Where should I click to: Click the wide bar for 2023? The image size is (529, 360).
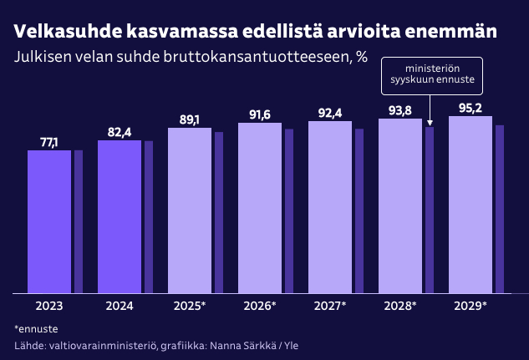pos(49,221)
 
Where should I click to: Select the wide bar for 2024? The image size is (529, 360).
pos(120,216)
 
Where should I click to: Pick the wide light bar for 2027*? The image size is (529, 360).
pos(330,207)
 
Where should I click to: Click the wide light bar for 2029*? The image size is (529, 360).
pos(471,205)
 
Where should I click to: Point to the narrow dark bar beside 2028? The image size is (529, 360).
pos(430,210)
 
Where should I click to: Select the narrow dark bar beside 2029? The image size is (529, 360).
pos(500,209)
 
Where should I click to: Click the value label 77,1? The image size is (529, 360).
pos(49,143)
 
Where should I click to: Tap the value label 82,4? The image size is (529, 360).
pos(120,132)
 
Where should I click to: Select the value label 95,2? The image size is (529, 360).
pos(471,108)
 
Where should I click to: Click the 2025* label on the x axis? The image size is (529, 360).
pos(190,306)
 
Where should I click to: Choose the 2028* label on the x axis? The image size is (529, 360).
pos(400,306)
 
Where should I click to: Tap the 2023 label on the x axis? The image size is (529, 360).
pos(49,306)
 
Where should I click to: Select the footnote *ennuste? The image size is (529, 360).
pos(30,328)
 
